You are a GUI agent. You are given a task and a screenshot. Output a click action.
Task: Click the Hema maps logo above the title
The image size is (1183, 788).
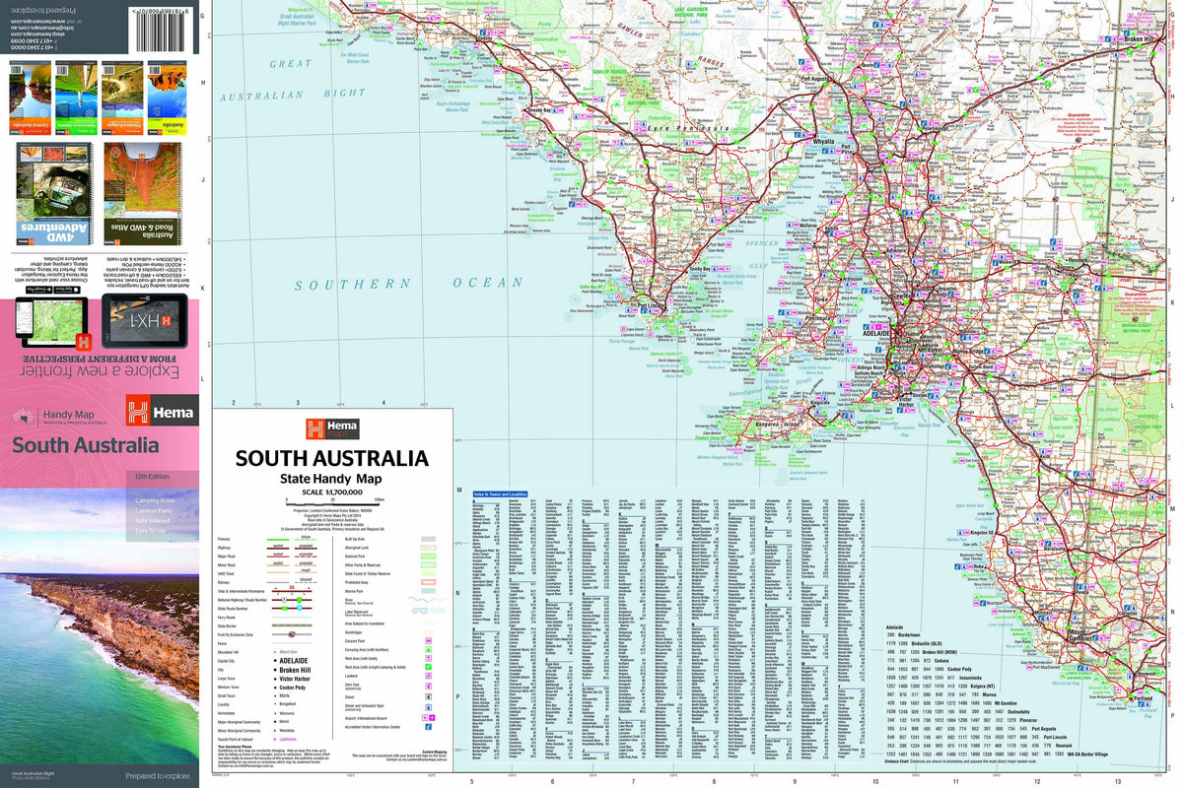tap(331, 428)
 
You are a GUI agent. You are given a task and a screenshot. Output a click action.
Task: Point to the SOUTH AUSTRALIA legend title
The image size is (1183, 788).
tap(331, 459)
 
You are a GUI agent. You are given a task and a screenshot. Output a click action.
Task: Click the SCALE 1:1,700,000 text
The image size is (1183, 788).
tap(330, 492)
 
